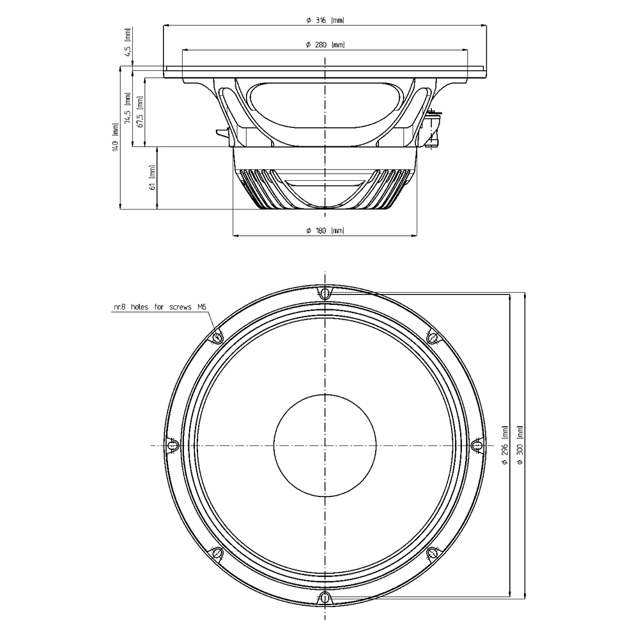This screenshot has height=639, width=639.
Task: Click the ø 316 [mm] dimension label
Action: point(325,20)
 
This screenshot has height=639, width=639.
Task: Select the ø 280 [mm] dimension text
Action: point(325,45)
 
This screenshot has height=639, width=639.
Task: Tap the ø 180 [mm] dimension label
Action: point(325,231)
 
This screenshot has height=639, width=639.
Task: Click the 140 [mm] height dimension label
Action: point(116,138)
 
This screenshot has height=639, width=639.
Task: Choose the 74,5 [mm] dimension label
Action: point(128,109)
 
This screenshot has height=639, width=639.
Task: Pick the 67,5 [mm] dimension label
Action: point(140,112)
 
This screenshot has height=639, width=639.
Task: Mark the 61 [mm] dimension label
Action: point(153,178)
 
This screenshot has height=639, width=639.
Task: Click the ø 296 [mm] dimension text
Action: point(505,445)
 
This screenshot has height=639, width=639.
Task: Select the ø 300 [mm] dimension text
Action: point(520,445)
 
